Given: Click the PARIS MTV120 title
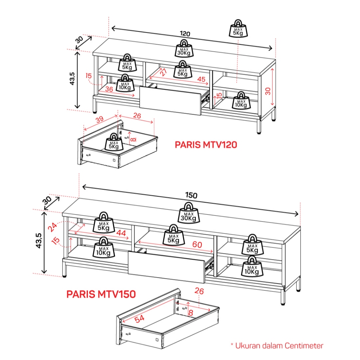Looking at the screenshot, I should coord(206,145).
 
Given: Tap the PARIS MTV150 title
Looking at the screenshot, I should coord(101,294).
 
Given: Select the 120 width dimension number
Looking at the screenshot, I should coord(185,34).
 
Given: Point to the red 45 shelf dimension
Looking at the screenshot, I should coord(201,79).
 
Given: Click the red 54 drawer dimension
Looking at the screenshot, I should coord(140,318).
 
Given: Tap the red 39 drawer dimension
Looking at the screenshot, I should coord(100,120).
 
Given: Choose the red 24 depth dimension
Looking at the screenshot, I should coord(53,227).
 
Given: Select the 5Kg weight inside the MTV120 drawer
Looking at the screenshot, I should coord(114,142).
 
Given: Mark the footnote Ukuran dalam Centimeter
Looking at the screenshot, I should coord(276,346).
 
